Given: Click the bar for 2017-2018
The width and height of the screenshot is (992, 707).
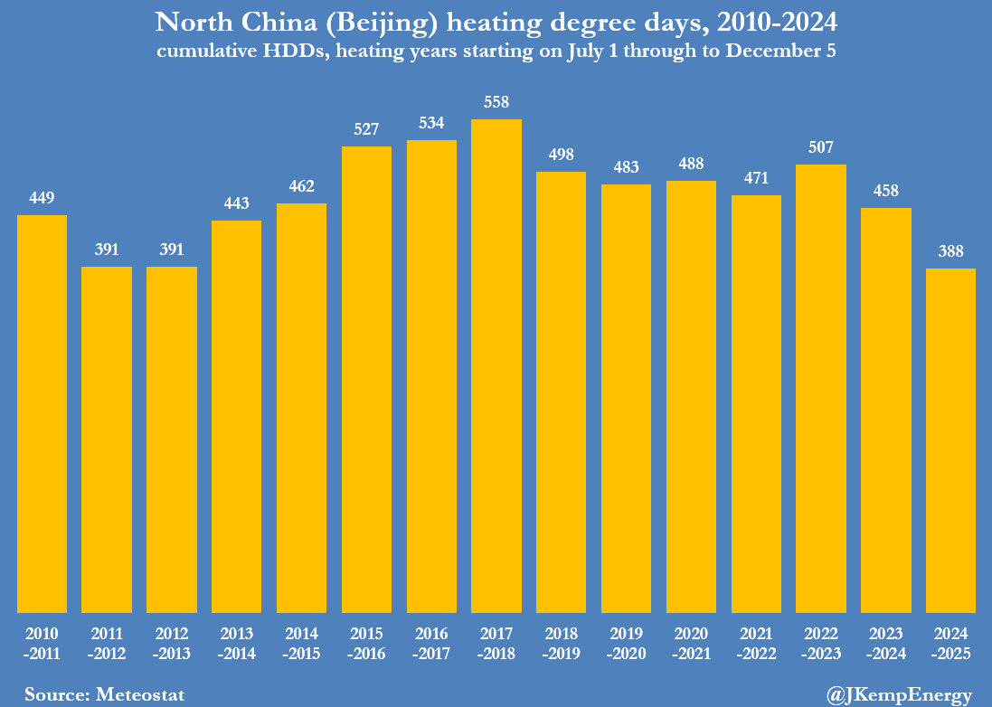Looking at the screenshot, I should coord(496,366).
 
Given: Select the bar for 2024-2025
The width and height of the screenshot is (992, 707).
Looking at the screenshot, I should coord(950,440).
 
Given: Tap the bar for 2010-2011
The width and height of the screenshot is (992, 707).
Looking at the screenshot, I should coord(42,414).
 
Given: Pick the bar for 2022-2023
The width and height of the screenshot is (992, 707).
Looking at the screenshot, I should coord(821,389).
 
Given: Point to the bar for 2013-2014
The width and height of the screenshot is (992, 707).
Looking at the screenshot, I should coord(236,416).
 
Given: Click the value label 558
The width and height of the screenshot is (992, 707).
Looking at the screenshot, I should coord(496,103).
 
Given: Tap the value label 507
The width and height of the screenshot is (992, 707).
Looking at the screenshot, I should coord(821,147).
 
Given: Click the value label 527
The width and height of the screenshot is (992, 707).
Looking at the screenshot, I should coord(366,129).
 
